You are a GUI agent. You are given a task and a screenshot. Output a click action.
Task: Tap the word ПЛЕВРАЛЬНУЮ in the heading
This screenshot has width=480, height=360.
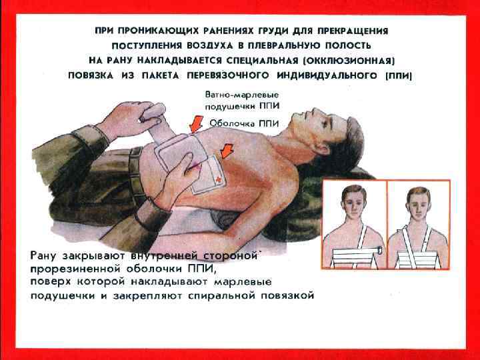pos(283,46)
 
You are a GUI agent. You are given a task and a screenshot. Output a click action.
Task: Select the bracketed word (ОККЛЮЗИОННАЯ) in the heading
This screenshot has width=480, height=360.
pos(349,61)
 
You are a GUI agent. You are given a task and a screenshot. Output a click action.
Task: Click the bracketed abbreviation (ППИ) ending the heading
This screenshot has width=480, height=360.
pos(398,75)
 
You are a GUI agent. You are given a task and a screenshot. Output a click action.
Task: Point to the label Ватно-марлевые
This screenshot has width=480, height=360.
pos(242,95)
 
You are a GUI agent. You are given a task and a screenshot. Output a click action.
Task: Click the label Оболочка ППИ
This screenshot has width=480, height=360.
pos(244,123)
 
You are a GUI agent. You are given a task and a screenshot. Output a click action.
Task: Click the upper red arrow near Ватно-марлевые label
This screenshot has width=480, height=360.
pos(196,123)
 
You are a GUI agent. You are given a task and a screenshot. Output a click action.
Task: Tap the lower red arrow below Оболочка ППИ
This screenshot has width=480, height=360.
pos(227,151)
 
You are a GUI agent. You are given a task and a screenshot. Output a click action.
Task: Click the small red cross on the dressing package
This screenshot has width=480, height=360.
pos(219,180)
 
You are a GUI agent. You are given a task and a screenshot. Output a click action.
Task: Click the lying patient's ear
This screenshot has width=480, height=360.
pos(325,149)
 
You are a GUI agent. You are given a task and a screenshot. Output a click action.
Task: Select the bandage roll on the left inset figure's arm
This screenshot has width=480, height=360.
pos(380,250)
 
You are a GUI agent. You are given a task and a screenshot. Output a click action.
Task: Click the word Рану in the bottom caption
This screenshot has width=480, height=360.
pos(43,256)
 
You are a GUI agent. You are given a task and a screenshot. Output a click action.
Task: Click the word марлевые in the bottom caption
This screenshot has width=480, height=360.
pos(243,282)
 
